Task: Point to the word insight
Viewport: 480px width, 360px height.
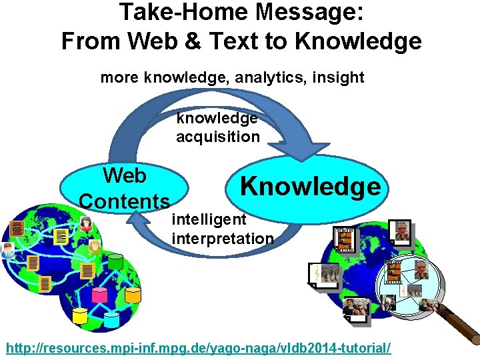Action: [x=337, y=77]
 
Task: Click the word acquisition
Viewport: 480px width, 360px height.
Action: [x=217, y=137]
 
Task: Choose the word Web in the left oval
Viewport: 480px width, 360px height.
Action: [x=124, y=176]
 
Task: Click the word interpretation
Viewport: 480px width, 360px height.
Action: [x=223, y=238]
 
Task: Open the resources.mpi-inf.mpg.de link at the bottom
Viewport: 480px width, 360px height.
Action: [x=198, y=348]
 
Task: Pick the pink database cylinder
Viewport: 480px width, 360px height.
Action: [x=100, y=294]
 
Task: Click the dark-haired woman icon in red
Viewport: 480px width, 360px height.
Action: [x=86, y=224]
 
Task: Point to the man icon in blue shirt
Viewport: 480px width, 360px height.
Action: [x=8, y=251]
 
